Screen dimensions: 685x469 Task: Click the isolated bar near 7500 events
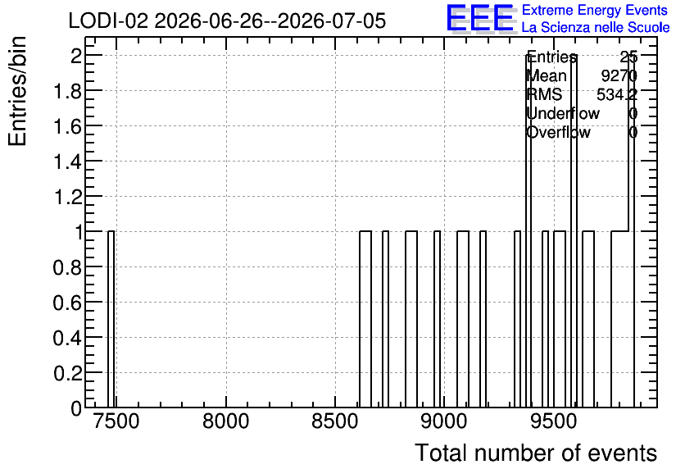[111, 319]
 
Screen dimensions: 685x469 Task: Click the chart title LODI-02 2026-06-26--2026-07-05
[227, 20]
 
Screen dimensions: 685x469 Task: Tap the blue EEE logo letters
[480, 19]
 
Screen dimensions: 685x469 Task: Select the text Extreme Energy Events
[595, 10]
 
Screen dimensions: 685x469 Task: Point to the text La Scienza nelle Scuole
[596, 28]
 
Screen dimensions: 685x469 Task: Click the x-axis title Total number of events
[536, 453]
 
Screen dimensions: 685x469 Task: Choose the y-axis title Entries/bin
[17, 91]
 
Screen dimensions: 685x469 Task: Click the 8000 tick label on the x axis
[226, 421]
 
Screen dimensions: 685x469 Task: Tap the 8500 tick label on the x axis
[335, 421]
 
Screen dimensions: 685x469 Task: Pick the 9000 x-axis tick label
[444, 421]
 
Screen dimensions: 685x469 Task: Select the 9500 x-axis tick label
[554, 421]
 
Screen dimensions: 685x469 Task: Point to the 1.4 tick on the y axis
[67, 162]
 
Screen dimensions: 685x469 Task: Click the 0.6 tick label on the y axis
[67, 303]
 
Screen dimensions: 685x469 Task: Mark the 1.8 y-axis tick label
[67, 91]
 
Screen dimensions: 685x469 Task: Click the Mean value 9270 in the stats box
[619, 76]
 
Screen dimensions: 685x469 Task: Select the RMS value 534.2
[617, 95]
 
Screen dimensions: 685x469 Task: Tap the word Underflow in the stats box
[563, 114]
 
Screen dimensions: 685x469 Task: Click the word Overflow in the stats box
[558, 133]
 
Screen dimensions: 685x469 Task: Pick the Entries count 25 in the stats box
[628, 57]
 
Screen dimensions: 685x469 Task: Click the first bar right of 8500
[365, 319]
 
